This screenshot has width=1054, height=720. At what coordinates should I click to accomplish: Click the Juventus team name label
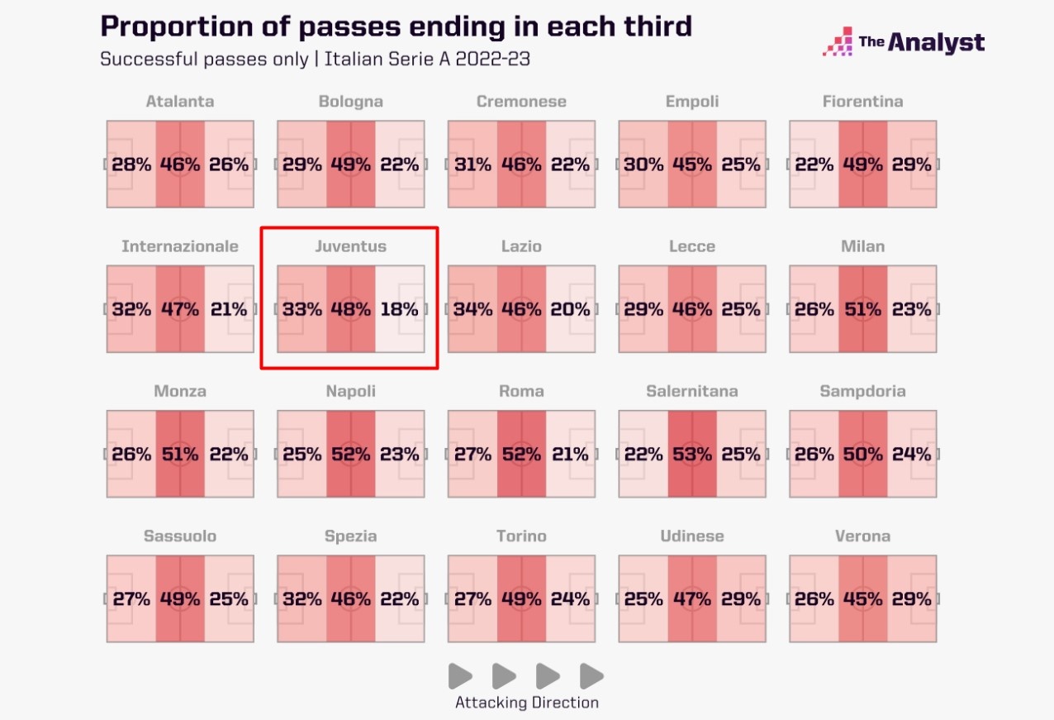tap(350, 246)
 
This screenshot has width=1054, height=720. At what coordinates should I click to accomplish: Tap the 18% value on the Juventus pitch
tap(399, 310)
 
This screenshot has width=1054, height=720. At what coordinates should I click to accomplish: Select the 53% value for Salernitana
tap(692, 455)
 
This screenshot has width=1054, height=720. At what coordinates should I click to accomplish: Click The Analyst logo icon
tap(838, 42)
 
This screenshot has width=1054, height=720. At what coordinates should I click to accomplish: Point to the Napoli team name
tap(350, 391)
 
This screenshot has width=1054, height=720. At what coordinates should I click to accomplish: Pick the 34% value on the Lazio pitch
tap(472, 310)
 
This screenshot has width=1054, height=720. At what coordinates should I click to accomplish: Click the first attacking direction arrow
tap(460, 676)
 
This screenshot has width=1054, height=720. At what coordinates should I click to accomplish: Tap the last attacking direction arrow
tap(591, 676)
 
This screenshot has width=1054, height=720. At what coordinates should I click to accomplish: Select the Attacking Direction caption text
tap(527, 703)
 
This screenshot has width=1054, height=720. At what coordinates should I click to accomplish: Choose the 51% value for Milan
tap(862, 310)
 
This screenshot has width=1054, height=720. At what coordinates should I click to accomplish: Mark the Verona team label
tap(862, 536)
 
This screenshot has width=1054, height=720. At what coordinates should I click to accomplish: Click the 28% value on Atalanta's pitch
tap(131, 165)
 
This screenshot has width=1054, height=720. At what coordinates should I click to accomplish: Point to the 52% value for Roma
tap(521, 455)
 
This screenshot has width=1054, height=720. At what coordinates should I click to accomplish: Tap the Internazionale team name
tap(180, 246)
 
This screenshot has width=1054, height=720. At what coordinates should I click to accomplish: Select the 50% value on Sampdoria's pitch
tap(862, 455)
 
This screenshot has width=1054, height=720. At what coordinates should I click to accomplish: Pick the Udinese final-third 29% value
tap(741, 599)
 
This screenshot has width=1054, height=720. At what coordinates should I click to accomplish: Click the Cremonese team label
tap(521, 102)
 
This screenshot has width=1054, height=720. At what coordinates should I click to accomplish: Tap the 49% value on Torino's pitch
tap(521, 599)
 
